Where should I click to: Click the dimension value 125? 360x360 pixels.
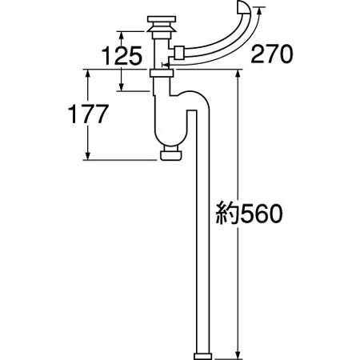[122, 56]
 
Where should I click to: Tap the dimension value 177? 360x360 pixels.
[88, 114]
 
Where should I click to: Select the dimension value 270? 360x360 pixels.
[272, 54]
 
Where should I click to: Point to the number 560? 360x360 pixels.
[262, 214]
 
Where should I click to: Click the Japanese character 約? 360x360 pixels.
[227, 214]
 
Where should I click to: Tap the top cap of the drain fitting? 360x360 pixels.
[162, 19]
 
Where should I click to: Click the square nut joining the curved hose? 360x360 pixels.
[179, 53]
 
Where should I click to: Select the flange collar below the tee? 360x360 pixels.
[162, 73]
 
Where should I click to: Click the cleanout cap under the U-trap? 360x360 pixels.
[171, 155]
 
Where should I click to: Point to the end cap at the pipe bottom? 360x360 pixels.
[202, 357]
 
